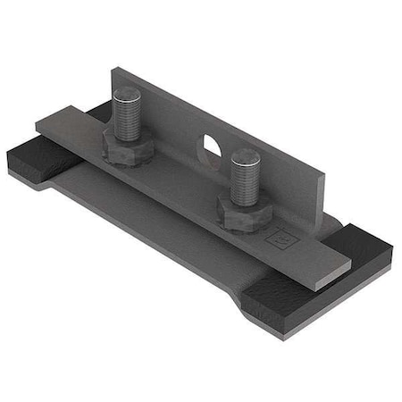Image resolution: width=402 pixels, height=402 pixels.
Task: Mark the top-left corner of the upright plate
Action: pos(115,66)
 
